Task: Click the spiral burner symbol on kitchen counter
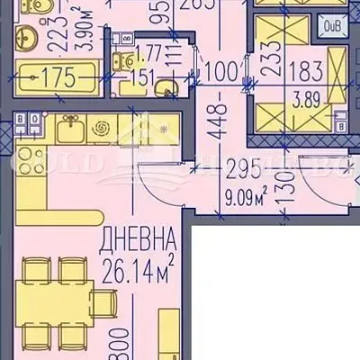tap(100, 130)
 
